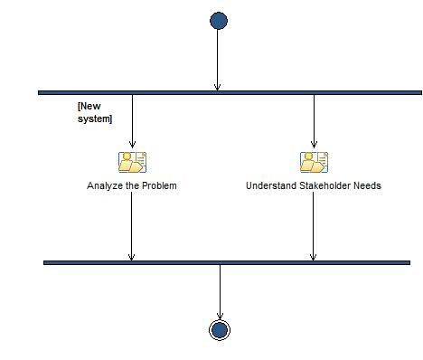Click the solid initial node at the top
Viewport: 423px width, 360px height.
(x=218, y=21)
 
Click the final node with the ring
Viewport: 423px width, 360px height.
(x=219, y=329)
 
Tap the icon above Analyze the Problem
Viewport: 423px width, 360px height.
(x=132, y=162)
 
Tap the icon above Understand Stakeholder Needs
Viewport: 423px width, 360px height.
(x=314, y=162)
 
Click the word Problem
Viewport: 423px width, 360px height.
(x=158, y=185)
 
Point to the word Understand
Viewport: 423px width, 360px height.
(x=270, y=185)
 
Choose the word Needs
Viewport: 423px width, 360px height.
(x=368, y=185)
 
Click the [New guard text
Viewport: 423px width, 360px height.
(x=89, y=107)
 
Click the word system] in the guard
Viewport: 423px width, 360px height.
(x=95, y=118)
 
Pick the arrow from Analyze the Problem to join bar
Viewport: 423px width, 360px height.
(x=131, y=226)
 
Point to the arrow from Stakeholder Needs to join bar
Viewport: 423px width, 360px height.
(x=313, y=226)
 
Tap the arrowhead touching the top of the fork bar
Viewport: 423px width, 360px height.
(x=218, y=86)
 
